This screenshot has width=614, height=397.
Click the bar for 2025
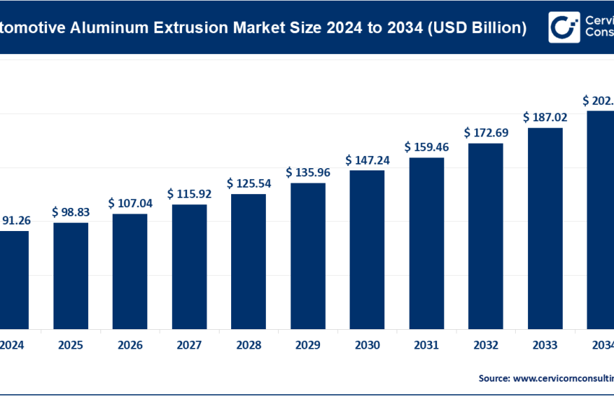71,274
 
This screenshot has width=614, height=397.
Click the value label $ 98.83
71,212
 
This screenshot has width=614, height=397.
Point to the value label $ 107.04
130,204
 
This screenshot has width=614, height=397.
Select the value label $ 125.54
248,183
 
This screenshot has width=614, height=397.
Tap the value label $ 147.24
367,160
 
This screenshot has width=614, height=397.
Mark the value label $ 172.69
485,133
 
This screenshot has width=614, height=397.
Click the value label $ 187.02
545,117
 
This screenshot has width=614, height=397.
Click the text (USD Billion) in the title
477,28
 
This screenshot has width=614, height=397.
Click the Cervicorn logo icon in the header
563,27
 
